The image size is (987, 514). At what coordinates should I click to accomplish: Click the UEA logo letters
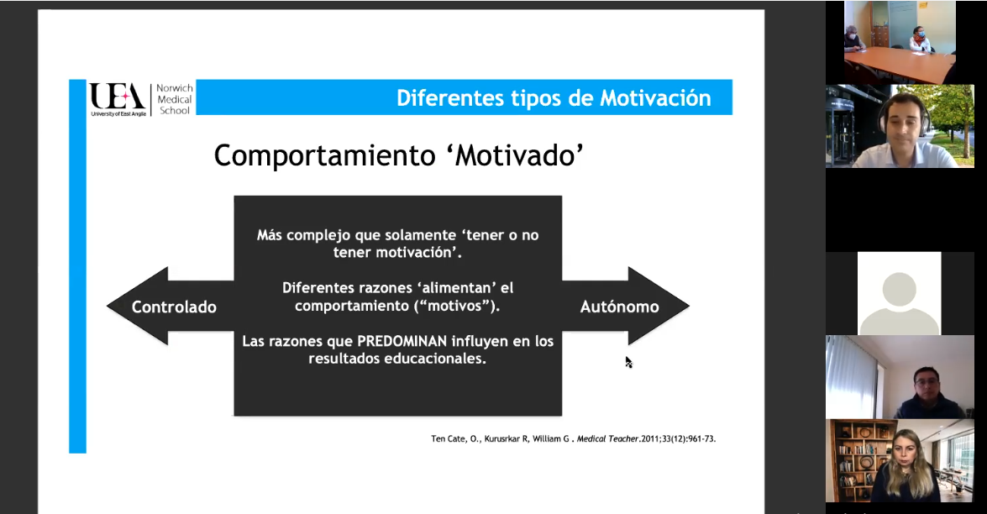pos(118,97)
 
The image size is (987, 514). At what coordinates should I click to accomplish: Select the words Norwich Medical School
pos(175,99)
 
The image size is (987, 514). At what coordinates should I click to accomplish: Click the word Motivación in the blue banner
pos(655,98)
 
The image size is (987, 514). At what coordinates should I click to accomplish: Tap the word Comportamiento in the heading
pos(324,155)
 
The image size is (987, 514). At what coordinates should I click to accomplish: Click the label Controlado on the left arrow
pos(174,307)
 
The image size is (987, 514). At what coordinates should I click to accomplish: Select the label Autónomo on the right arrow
pos(619,307)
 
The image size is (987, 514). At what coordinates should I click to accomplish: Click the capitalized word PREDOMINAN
pos(402,341)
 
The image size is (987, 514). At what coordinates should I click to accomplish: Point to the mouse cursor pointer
pos(628,362)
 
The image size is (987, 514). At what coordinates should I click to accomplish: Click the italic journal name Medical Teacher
pos(607,438)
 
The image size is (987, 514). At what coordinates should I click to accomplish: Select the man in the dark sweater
pos(927,395)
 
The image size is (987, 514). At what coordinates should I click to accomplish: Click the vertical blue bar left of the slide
pos(77,266)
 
